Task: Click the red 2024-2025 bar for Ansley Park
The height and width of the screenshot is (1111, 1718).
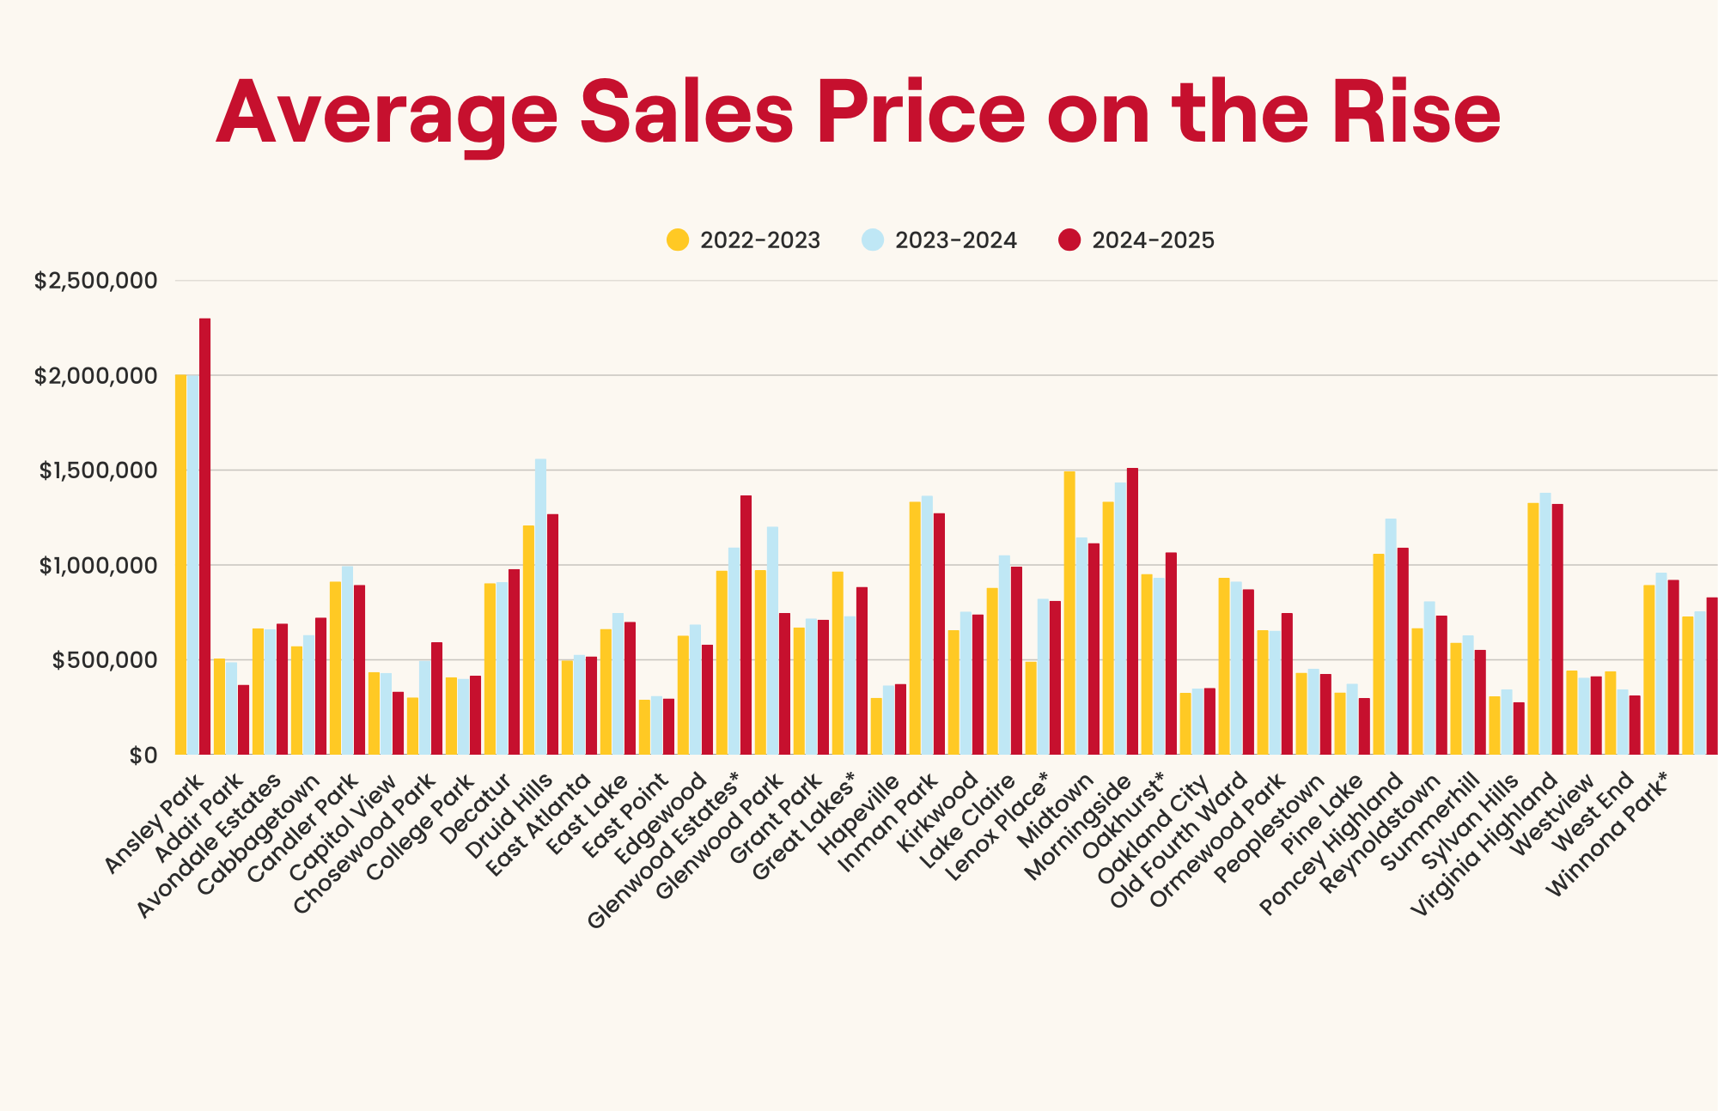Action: (x=204, y=537)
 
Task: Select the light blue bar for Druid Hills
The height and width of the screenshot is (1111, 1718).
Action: (x=540, y=606)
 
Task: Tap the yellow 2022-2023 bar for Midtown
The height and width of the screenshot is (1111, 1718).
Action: (x=1069, y=613)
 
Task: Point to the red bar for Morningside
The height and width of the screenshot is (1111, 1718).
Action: (x=1132, y=611)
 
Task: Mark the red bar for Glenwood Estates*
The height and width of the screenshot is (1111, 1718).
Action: (x=746, y=625)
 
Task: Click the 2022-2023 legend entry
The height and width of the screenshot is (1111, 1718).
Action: (x=744, y=240)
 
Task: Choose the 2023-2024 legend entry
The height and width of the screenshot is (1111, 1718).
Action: (x=940, y=240)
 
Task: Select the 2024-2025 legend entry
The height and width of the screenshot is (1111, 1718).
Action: (x=1136, y=240)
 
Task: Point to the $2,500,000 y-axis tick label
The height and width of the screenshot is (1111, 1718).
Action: (x=96, y=281)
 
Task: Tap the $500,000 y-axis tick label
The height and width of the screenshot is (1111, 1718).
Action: (x=105, y=660)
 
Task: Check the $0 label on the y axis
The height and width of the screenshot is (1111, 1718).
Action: (x=143, y=756)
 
